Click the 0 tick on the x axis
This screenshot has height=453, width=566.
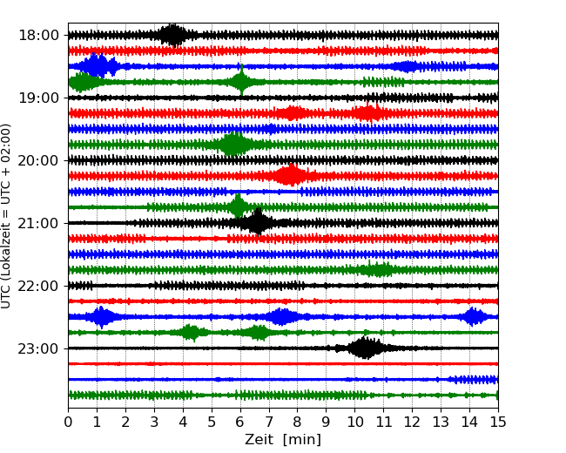tap(69, 423)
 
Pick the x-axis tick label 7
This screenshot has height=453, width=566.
tap(269, 423)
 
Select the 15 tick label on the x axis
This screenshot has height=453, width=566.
tap(497, 423)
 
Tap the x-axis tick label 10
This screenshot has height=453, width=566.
tap(354, 423)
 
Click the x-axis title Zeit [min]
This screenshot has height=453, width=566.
tap(282, 440)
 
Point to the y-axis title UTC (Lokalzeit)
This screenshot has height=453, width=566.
tap(7, 215)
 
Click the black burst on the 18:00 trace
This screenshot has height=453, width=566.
tap(172, 35)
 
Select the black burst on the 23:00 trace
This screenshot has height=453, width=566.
tap(364, 348)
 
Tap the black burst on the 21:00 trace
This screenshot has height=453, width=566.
tap(257, 222)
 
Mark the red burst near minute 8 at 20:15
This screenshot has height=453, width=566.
tap(291, 176)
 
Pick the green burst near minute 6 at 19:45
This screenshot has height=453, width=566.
tap(233, 145)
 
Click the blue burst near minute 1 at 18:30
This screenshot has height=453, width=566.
tap(98, 66)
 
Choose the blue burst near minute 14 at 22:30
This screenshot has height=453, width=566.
tap(473, 316)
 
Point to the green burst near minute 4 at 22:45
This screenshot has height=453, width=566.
tap(191, 332)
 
